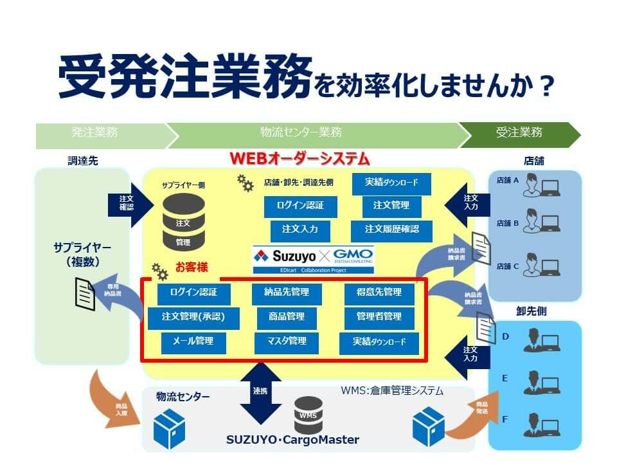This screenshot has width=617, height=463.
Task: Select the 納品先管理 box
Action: (286, 293)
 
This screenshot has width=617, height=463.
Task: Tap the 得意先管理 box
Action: (379, 293)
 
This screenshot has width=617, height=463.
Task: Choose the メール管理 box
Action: (192, 341)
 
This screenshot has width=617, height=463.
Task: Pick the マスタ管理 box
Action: (286, 341)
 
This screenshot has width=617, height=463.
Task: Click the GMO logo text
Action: (352, 255)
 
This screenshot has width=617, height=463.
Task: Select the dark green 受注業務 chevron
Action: (518, 133)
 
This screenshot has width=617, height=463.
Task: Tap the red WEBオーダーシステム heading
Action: (300, 158)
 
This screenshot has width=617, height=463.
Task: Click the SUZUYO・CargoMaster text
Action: (292, 440)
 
